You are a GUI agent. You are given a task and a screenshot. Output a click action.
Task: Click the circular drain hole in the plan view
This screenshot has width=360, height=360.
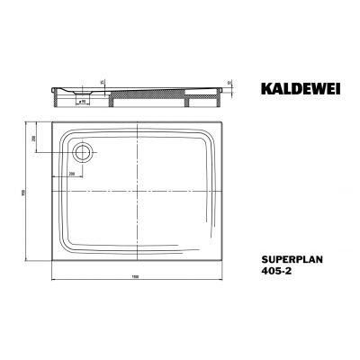click(83, 152)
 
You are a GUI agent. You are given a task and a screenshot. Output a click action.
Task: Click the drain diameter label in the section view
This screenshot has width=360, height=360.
click(81, 103)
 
